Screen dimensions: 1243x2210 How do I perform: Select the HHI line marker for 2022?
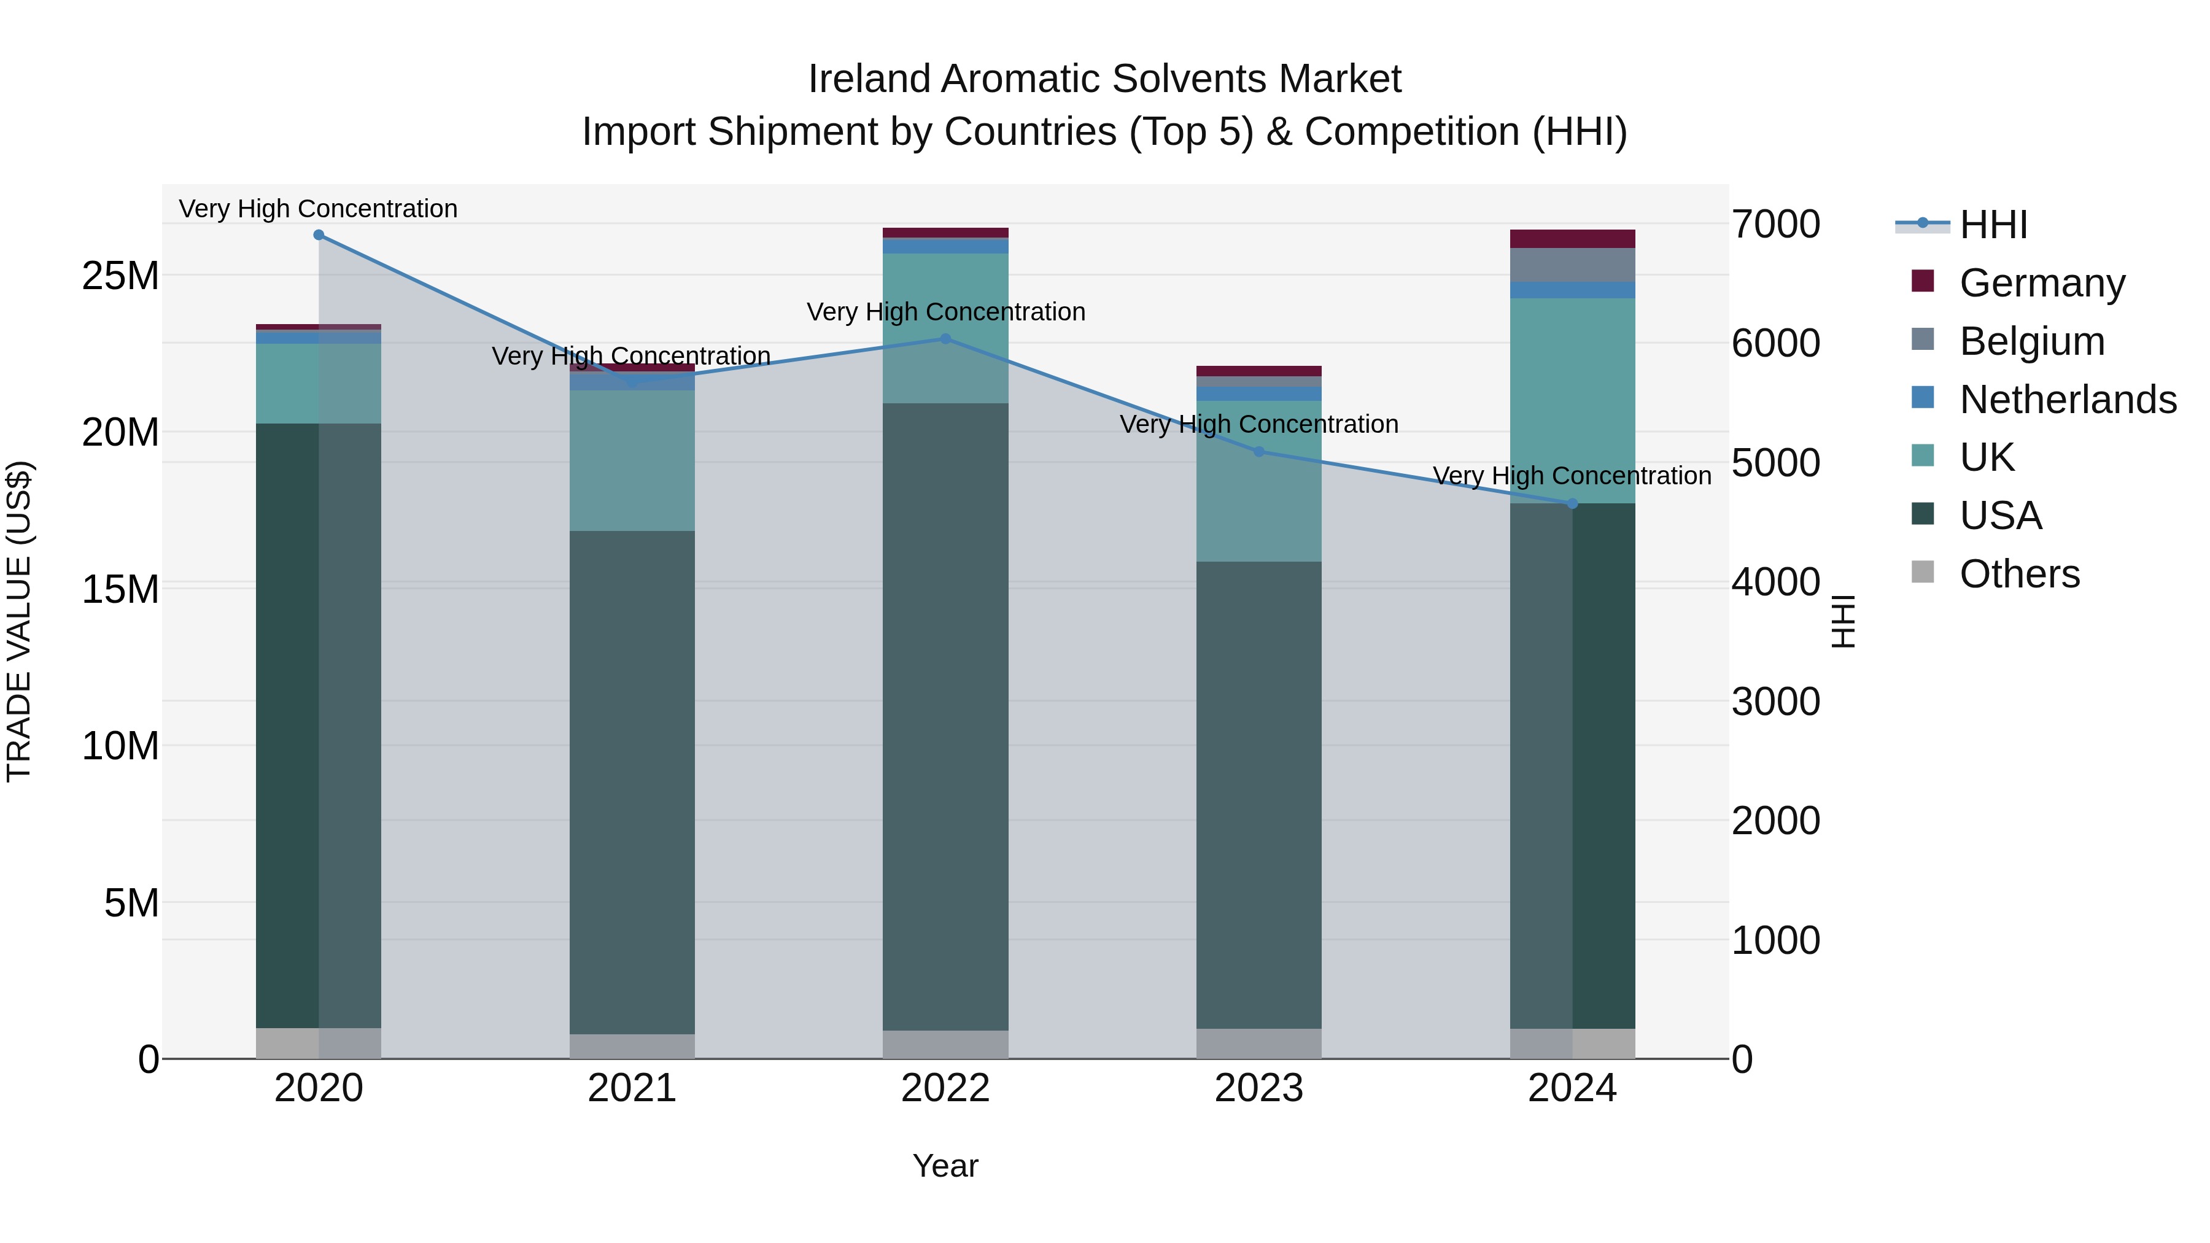pos(945,339)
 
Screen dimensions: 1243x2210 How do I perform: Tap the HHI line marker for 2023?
pos(1258,451)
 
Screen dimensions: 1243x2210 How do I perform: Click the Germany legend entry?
pos(2042,283)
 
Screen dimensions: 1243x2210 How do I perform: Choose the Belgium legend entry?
pos(2031,341)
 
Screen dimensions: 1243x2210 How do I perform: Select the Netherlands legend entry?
pos(2068,400)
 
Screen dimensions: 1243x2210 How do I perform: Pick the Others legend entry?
pos(2020,574)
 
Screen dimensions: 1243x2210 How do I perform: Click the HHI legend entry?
pos(1993,225)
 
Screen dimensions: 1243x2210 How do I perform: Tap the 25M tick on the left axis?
pos(120,276)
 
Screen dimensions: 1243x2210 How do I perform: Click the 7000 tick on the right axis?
pos(1775,225)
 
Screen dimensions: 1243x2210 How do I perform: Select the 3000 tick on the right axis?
pos(1775,702)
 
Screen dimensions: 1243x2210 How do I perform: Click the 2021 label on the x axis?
pos(632,1088)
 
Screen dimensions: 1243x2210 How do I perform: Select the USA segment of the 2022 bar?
pos(945,716)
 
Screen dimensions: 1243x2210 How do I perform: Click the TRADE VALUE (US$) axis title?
pos(19,621)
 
